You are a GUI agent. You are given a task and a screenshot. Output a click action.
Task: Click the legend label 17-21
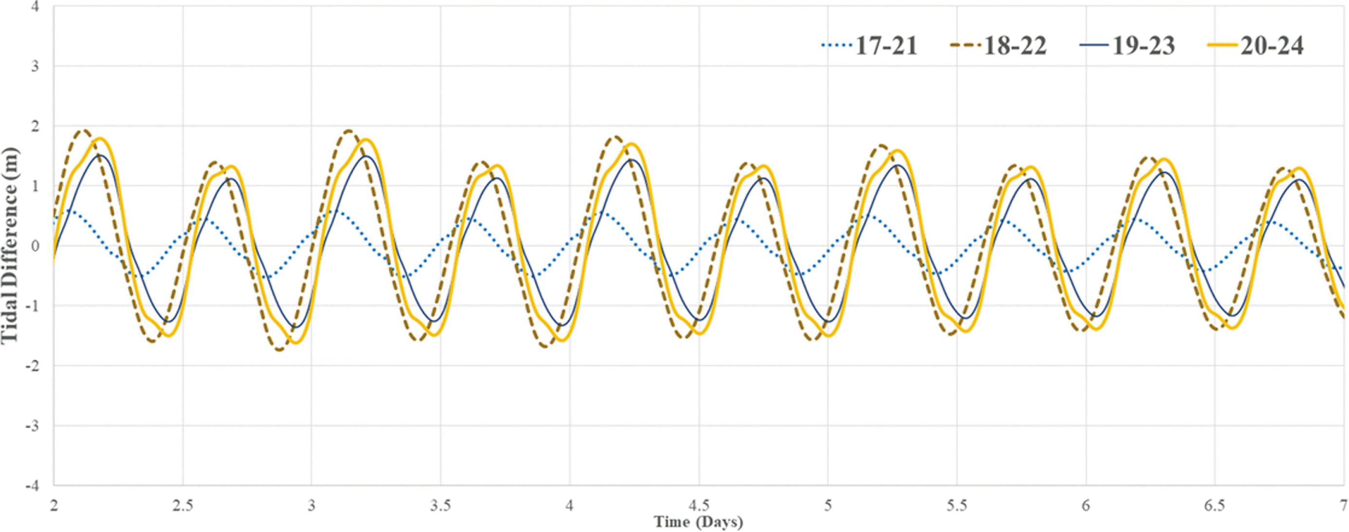click(x=886, y=46)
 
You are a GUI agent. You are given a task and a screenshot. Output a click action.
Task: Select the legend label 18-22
click(x=1015, y=46)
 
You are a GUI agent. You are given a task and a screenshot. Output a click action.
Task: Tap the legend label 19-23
click(x=1143, y=46)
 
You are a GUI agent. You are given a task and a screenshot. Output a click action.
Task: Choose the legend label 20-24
click(x=1272, y=46)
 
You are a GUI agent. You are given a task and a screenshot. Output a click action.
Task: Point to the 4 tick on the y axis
click(x=35, y=7)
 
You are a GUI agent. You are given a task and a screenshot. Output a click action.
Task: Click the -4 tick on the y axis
click(x=33, y=485)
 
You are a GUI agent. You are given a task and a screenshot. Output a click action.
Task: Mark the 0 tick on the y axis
click(x=35, y=246)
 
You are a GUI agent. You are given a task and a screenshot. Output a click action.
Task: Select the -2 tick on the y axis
click(x=33, y=366)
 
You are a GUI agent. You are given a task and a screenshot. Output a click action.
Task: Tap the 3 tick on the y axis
click(x=35, y=67)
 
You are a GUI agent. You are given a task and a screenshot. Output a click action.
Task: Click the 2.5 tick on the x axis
click(x=183, y=505)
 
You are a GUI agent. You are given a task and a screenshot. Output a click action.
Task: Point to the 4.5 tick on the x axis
click(x=699, y=505)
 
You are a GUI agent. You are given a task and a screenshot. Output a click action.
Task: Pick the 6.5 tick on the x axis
click(x=1215, y=505)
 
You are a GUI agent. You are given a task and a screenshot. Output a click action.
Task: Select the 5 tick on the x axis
click(x=828, y=505)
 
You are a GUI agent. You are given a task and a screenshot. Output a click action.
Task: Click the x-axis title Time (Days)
click(x=698, y=522)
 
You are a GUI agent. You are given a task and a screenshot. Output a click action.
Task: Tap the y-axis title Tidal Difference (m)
click(x=9, y=246)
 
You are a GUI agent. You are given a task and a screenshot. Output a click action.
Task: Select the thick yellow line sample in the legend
click(x=1222, y=46)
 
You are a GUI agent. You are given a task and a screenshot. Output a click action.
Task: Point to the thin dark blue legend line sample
click(x=1093, y=46)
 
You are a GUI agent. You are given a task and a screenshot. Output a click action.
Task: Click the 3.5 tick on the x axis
click(x=441, y=505)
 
